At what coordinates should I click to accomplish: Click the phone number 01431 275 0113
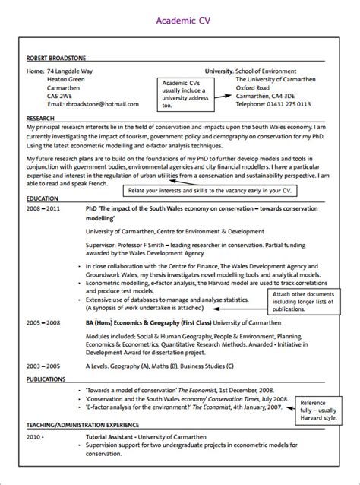click(x=263, y=103)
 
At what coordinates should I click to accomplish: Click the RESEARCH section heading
click(x=40, y=119)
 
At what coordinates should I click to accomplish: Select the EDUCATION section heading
click(x=42, y=198)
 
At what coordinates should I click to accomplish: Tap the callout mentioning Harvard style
click(x=317, y=407)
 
